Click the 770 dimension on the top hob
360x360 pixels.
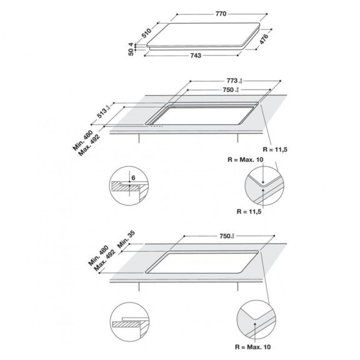[x=221, y=12]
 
